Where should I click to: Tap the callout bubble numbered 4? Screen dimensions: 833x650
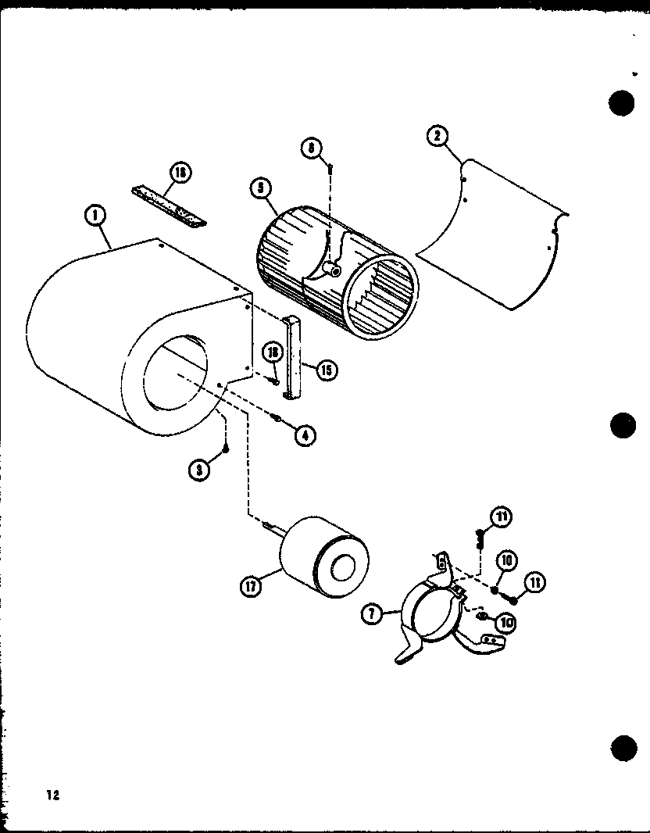[x=305, y=435]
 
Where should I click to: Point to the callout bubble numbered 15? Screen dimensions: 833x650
[x=327, y=369]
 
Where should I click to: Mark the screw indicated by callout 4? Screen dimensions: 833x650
[x=277, y=422]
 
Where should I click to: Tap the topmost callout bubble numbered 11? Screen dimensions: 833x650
[x=501, y=517]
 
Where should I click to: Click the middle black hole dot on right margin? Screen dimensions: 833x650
[x=622, y=426]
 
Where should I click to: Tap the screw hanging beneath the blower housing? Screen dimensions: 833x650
[x=224, y=448]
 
